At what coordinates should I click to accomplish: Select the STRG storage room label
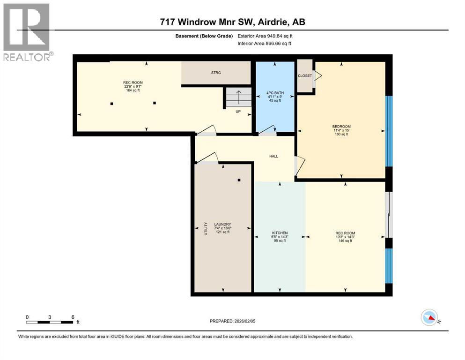point(216,73)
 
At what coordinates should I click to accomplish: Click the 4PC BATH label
point(274,93)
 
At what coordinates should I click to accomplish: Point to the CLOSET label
point(304,76)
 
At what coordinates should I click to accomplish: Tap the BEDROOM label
point(341,127)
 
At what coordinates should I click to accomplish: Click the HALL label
point(273,156)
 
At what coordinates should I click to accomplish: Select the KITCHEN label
point(280,233)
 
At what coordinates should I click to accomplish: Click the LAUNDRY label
point(222,224)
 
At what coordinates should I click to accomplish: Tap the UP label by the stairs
point(238,112)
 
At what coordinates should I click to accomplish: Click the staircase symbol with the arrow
point(238,97)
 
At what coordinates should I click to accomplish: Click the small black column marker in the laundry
point(239,180)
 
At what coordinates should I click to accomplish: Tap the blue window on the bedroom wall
point(388,131)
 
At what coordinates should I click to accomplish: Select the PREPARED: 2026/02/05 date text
point(232,321)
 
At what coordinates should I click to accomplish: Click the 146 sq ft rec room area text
point(345,241)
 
